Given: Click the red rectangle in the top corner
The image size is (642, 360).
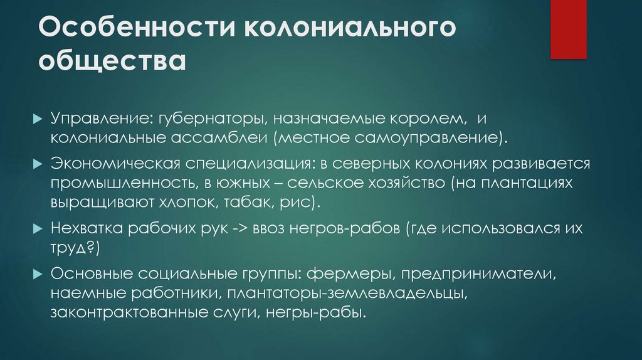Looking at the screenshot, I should [568, 29].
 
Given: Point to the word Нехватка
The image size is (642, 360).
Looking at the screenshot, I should [87, 229].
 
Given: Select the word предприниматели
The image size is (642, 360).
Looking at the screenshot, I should [476, 274].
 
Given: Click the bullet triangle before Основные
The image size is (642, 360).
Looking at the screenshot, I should [38, 274].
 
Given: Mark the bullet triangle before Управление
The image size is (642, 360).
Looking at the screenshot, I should [38, 119].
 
